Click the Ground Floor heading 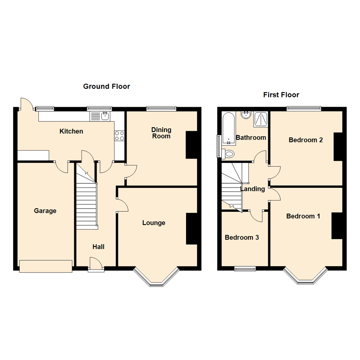pos(107,86)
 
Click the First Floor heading pos(281,95)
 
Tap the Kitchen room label pos(71,131)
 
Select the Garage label pos(45,211)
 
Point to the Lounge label pos(154,223)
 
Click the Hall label pos(98,247)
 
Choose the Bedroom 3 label pos(242,237)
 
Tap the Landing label pos(253,189)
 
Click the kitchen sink pos(100,116)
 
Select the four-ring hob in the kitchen pos(119,135)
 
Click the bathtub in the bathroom pos(229,129)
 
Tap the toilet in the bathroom pos(228,154)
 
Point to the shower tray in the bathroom pos(260,119)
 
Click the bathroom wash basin pos(246,115)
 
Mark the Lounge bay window pos(156,277)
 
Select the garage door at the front pos(46,266)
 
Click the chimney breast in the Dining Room pos(191,145)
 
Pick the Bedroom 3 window pos(245,269)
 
